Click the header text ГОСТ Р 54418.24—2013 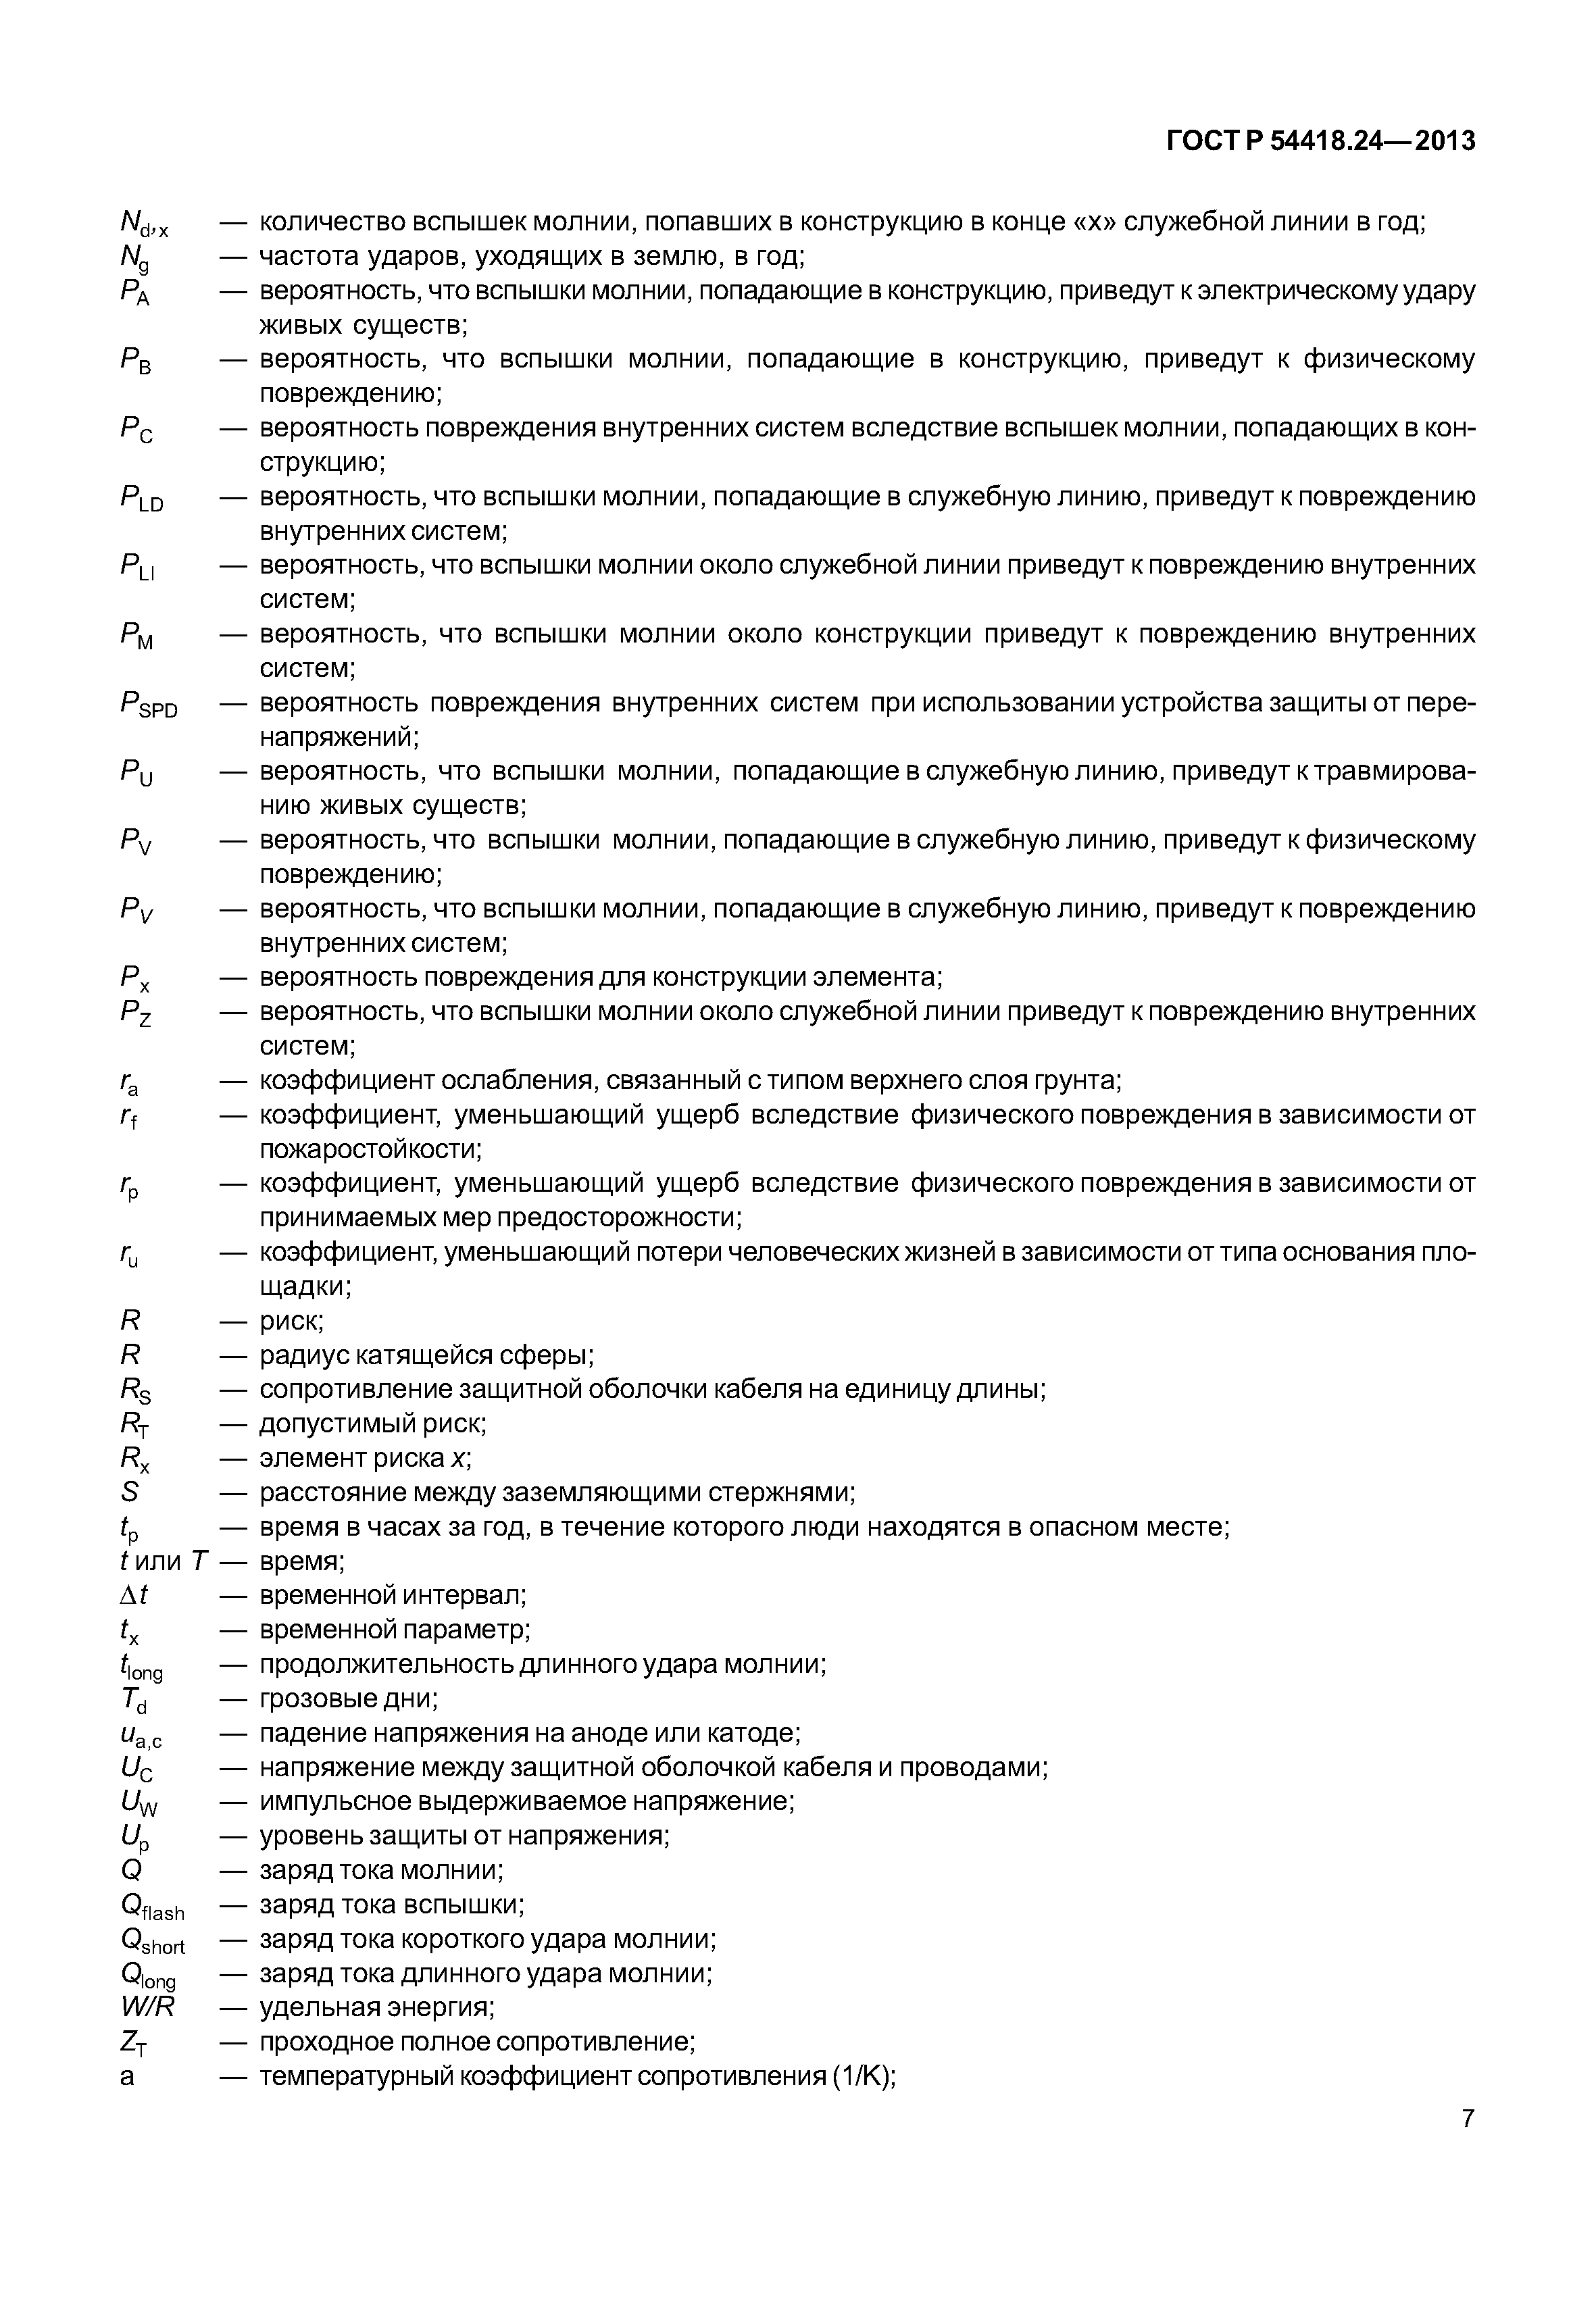point(1320,141)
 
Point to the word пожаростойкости point(370,1149)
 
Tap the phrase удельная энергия point(376,2007)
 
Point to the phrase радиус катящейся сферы point(425,1355)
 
